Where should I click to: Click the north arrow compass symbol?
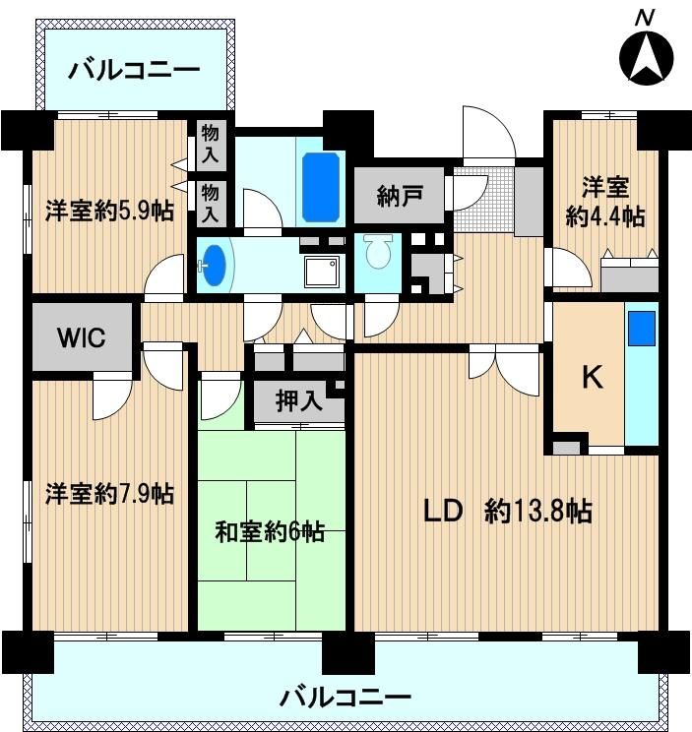point(646,56)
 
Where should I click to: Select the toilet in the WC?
point(376,256)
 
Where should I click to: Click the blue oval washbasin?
point(216,265)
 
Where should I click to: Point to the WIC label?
point(81,336)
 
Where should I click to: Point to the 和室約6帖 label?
point(271,532)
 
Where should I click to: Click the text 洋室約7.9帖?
point(110,493)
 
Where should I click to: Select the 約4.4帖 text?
point(604,216)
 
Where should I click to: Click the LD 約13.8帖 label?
point(507,511)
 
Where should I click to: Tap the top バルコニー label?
point(135,71)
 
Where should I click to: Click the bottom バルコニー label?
point(346,699)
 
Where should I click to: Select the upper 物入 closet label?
point(211,145)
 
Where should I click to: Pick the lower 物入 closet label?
point(211,201)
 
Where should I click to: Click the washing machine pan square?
point(322,269)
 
